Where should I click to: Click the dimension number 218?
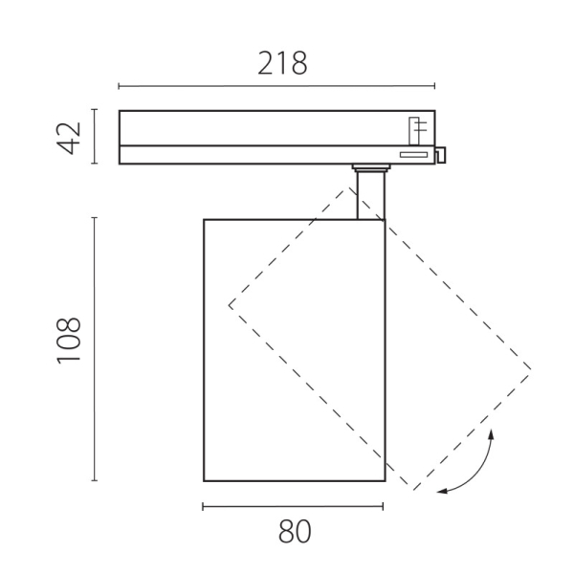pyautogui.click(x=283, y=63)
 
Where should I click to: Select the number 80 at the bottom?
pyautogui.click(x=295, y=532)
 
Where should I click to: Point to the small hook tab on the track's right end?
pyautogui.click(x=442, y=155)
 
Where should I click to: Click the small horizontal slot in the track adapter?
pyautogui.click(x=413, y=154)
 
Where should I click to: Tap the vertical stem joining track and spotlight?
pyautogui.click(x=369, y=196)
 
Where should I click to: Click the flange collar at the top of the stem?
pyautogui.click(x=370, y=169)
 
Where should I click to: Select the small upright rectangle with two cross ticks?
pyautogui.click(x=415, y=130)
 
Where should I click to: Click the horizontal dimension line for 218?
pyautogui.click(x=277, y=87)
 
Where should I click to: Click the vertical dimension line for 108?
pyautogui.click(x=94, y=349)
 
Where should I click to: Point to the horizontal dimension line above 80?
pyautogui.click(x=294, y=507)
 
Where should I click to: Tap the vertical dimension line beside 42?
pyautogui.click(x=94, y=137)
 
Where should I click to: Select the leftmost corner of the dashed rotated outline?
pyautogui.click(x=229, y=306)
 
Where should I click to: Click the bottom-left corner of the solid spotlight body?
pyautogui.click(x=204, y=480)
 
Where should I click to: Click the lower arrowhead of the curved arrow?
pyautogui.click(x=440, y=492)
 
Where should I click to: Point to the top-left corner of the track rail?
pyautogui.click(x=120, y=112)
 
